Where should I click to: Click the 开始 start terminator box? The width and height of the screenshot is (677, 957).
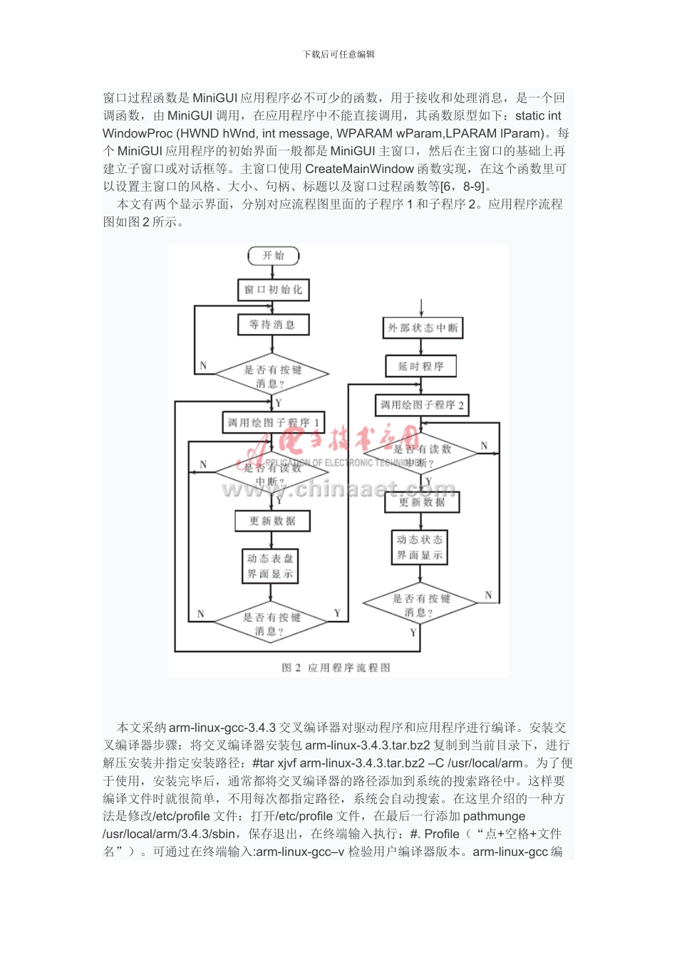[274, 256]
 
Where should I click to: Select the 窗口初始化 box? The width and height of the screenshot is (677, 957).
[273, 290]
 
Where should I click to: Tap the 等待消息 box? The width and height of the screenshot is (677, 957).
[273, 325]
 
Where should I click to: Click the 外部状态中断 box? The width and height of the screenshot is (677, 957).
[423, 328]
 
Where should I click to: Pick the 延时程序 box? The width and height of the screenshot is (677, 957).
[421, 367]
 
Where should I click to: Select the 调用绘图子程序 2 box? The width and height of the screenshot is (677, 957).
[423, 405]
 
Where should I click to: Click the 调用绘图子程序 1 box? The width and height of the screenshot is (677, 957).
[274, 422]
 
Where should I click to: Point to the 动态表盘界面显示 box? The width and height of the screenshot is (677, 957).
[270, 566]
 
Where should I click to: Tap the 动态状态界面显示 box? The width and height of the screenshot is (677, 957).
[420, 548]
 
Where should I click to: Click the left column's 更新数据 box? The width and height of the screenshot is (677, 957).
[273, 521]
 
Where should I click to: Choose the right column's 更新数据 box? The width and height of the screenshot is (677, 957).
[422, 502]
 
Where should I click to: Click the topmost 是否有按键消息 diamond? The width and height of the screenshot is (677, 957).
[272, 375]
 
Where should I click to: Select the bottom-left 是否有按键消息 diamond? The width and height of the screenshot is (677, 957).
[271, 623]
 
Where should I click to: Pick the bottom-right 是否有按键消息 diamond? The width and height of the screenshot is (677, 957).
[420, 605]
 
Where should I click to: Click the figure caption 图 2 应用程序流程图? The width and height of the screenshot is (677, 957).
[336, 668]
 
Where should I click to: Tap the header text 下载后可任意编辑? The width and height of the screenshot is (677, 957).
[338, 54]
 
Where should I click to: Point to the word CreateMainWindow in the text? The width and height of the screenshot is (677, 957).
[359, 169]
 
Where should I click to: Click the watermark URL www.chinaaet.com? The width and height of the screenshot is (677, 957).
[338, 488]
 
